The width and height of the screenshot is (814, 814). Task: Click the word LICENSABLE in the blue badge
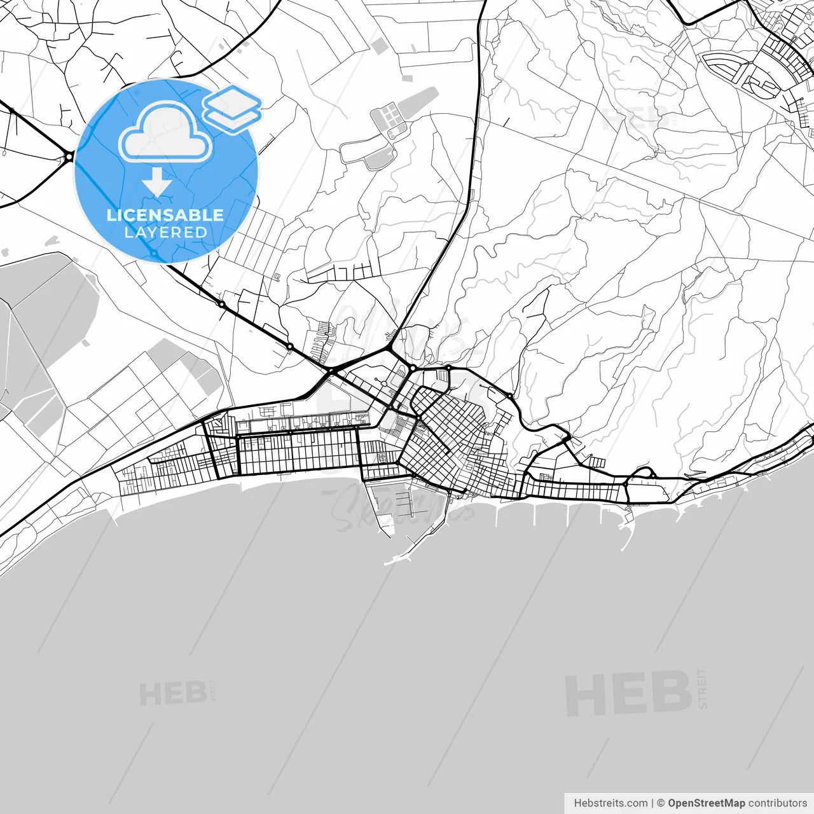click(165, 215)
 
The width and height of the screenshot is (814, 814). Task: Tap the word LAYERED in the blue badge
click(165, 233)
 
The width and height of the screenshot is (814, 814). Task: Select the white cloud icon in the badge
click(165, 132)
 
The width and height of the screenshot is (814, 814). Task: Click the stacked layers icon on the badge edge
click(232, 108)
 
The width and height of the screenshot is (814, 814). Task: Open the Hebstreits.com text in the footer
click(610, 803)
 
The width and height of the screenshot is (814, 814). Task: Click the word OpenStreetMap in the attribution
click(706, 803)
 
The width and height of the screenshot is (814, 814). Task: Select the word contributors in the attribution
click(777, 803)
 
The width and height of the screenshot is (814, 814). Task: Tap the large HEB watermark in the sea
click(628, 693)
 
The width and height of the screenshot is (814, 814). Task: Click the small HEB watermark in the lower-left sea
click(172, 693)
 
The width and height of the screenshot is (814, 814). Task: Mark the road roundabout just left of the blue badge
click(68, 156)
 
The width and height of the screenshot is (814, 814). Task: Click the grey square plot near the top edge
click(378, 45)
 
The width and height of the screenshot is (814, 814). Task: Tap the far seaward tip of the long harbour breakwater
click(388, 563)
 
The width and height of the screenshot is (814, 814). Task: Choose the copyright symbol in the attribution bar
click(661, 803)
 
